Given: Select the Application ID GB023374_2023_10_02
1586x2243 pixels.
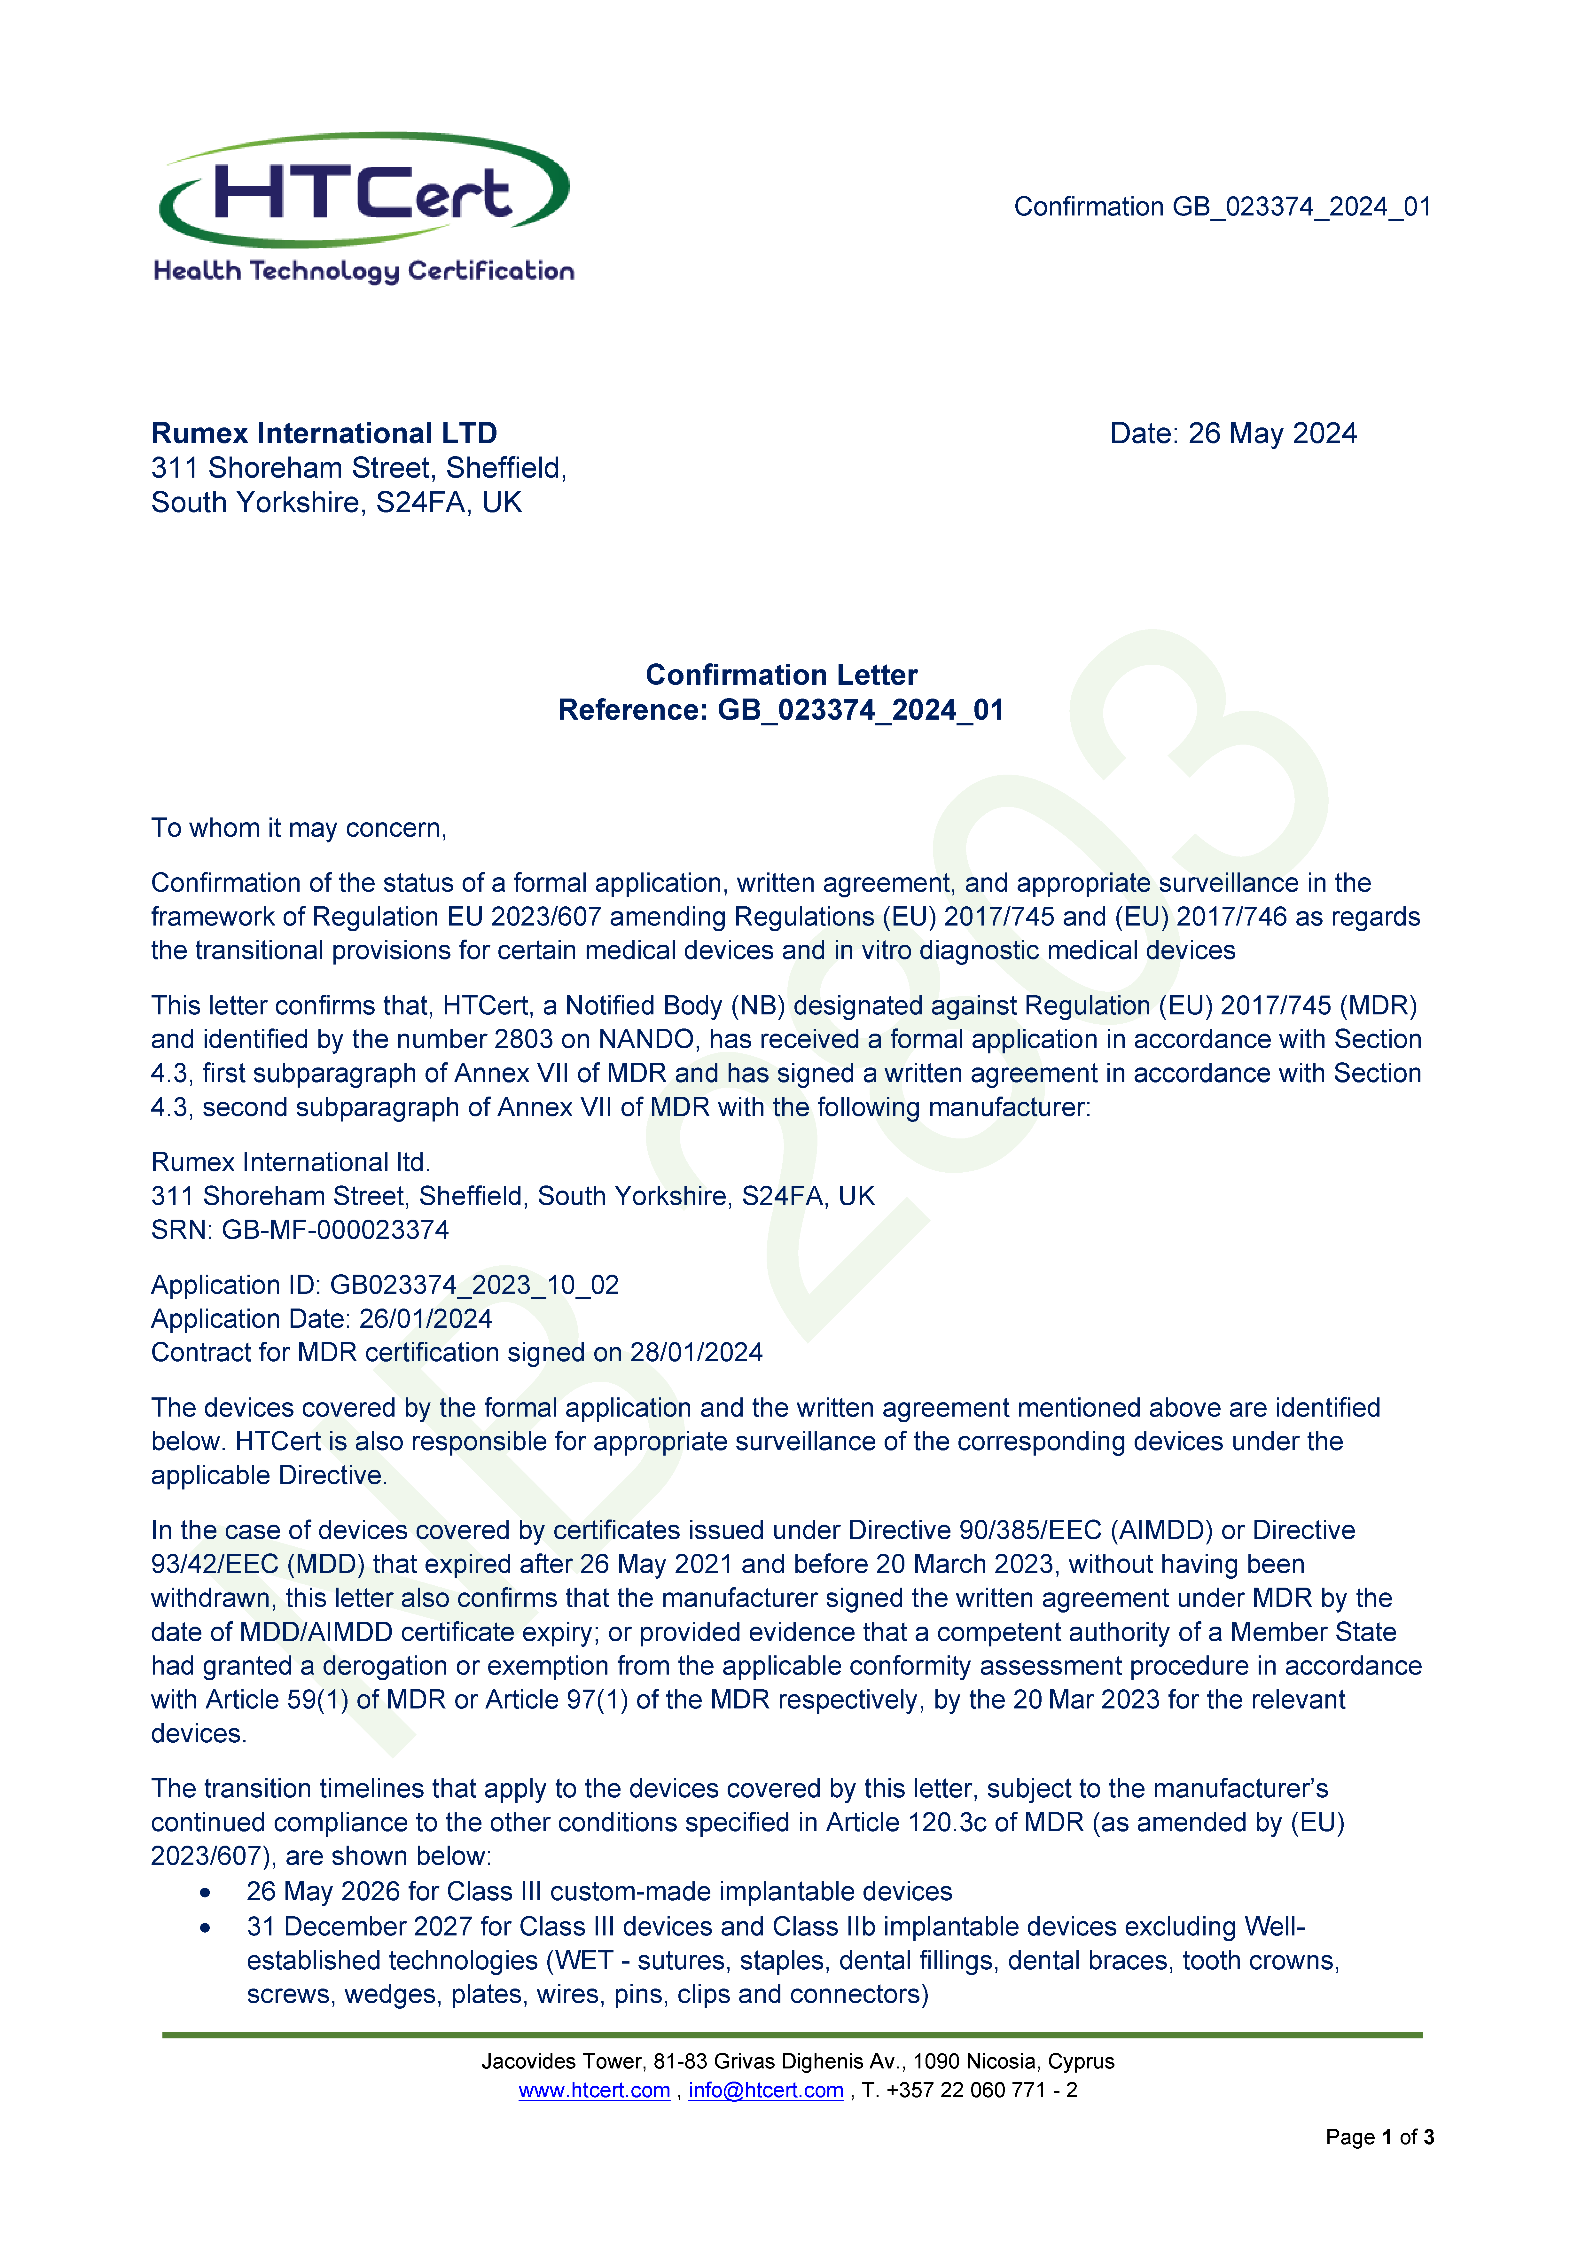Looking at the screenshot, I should pyautogui.click(x=474, y=1285).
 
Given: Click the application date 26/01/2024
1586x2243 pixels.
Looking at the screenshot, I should pyautogui.click(x=425, y=1319).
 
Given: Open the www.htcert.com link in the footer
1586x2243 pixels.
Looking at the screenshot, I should pyautogui.click(x=594, y=2091).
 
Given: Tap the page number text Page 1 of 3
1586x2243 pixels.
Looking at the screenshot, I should pyautogui.click(x=1379, y=2137).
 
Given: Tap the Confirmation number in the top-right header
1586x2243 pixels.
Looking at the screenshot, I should pyautogui.click(x=1222, y=207).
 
